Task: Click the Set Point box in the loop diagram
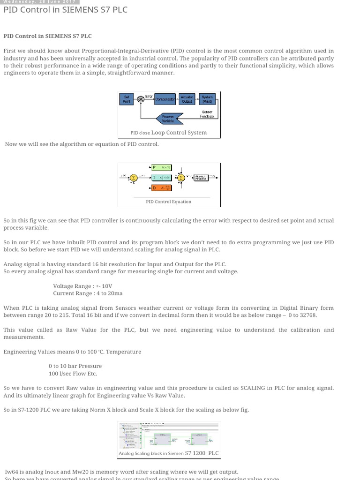click(x=126, y=99)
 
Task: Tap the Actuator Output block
click(x=187, y=99)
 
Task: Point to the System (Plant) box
click(x=207, y=99)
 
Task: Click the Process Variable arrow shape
click(x=167, y=118)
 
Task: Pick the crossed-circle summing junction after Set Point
click(x=140, y=99)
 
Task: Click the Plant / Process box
click(x=201, y=178)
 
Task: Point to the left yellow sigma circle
click(x=133, y=178)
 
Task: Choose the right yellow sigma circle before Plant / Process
click(x=180, y=178)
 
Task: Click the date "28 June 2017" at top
click(x=60, y=2)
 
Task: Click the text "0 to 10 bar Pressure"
click(x=75, y=366)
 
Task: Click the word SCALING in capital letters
click(x=253, y=388)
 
